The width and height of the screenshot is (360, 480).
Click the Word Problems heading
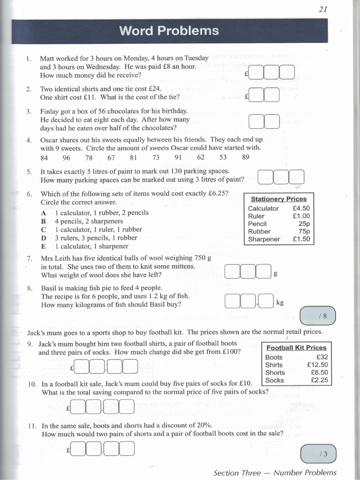pos(169,31)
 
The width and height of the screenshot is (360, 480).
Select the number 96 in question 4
pos(66,157)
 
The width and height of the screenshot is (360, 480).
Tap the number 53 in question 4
pos(223,157)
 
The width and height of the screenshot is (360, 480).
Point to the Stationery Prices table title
pos(278,199)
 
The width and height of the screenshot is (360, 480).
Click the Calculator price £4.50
pos(300,208)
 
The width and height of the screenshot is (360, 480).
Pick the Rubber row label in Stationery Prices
pos(259,231)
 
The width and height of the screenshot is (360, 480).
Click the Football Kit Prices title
pos(296,348)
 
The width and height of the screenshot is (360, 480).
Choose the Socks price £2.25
pos(319,380)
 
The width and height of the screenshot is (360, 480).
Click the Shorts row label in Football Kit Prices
pos(275,373)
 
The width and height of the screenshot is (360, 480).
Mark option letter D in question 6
pos(44,238)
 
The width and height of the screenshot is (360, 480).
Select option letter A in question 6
pos(44,212)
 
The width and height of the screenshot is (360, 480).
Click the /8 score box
pos(317,316)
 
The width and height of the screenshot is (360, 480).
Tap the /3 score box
pos(317,454)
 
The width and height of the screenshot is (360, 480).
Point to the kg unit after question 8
pos(280,303)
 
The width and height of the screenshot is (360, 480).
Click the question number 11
pos(32,426)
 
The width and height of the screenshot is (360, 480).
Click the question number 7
pos(30,258)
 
